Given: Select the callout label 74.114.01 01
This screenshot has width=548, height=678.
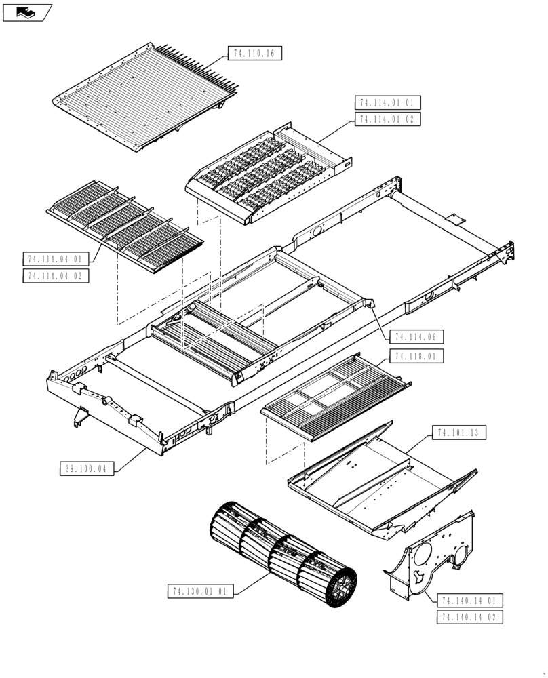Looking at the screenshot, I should [x=387, y=103].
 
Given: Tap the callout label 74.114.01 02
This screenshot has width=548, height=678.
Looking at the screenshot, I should [x=387, y=119].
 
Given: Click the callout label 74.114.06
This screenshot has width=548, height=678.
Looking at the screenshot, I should [x=416, y=337].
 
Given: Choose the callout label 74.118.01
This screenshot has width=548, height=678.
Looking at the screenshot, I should [x=416, y=356].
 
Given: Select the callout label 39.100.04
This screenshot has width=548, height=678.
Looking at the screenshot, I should [x=88, y=468].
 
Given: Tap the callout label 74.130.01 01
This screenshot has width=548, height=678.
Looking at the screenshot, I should [x=200, y=591].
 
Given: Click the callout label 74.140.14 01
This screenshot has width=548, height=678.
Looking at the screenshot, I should [x=471, y=600].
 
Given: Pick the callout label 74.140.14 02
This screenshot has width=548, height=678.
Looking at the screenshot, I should [x=471, y=617].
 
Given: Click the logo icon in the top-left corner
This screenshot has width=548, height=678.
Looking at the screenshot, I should [x=27, y=12].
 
